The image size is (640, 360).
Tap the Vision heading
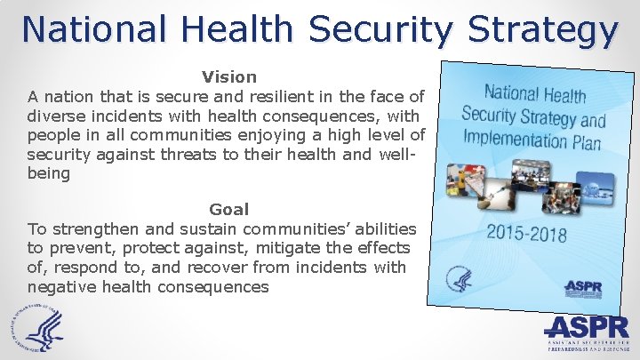(x=229, y=77)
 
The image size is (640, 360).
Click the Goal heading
(x=229, y=210)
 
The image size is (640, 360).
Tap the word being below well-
(x=49, y=174)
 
